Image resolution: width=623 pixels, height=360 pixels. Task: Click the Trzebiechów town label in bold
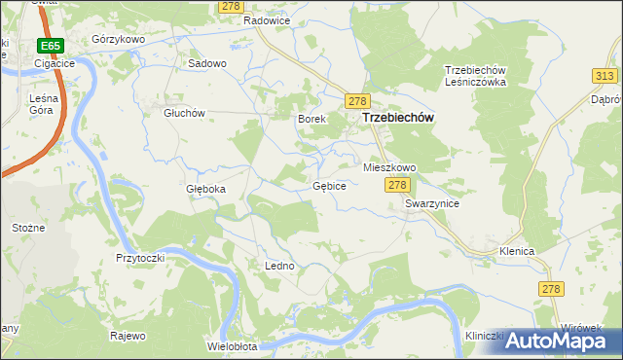(x=397, y=117)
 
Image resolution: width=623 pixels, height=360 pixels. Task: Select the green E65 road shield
(x=51, y=46)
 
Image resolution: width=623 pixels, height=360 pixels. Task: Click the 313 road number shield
(x=605, y=76)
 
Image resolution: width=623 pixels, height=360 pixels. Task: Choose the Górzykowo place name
(x=118, y=39)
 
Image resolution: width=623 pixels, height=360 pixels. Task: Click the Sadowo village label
(x=206, y=63)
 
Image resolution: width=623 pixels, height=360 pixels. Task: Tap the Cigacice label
(x=55, y=63)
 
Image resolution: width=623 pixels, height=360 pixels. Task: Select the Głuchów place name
(x=183, y=112)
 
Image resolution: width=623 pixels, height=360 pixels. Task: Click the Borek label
(x=310, y=119)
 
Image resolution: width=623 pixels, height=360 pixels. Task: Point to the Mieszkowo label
(x=389, y=167)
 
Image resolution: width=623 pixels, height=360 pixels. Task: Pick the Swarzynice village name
(x=432, y=204)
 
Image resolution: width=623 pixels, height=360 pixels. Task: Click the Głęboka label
(x=205, y=189)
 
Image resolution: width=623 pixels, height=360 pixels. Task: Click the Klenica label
(x=517, y=251)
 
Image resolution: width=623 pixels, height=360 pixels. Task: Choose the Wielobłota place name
(x=232, y=345)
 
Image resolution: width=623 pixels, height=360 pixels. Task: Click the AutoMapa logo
(x=556, y=340)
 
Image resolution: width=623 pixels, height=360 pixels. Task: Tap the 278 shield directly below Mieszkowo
(x=396, y=185)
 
